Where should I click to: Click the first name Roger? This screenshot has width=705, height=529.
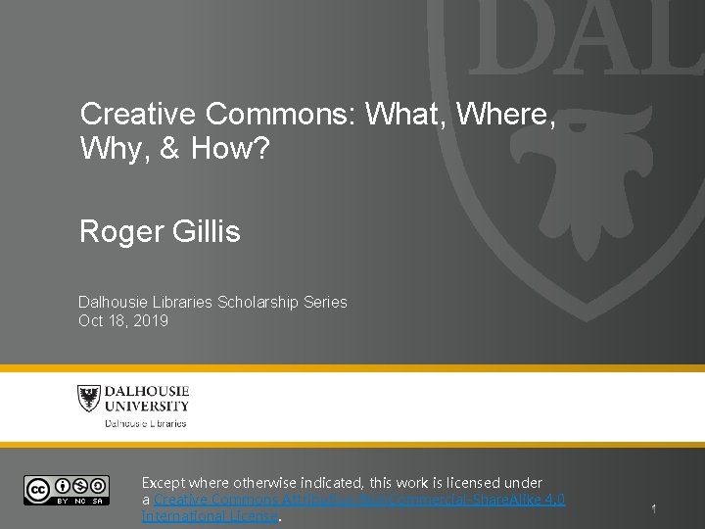pyautogui.click(x=117, y=232)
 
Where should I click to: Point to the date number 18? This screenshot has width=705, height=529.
pyautogui.click(x=116, y=320)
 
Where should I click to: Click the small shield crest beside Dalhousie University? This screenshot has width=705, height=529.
pyautogui.click(x=89, y=399)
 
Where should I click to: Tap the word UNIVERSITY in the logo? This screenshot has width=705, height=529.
pyautogui.click(x=148, y=406)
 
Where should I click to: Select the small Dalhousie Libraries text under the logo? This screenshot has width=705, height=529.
pyautogui.click(x=146, y=423)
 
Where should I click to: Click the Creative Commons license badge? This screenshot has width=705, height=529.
pyautogui.click(x=66, y=489)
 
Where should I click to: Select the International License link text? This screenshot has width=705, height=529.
pyautogui.click(x=211, y=516)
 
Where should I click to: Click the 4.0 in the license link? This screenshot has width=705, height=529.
pyautogui.click(x=554, y=500)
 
